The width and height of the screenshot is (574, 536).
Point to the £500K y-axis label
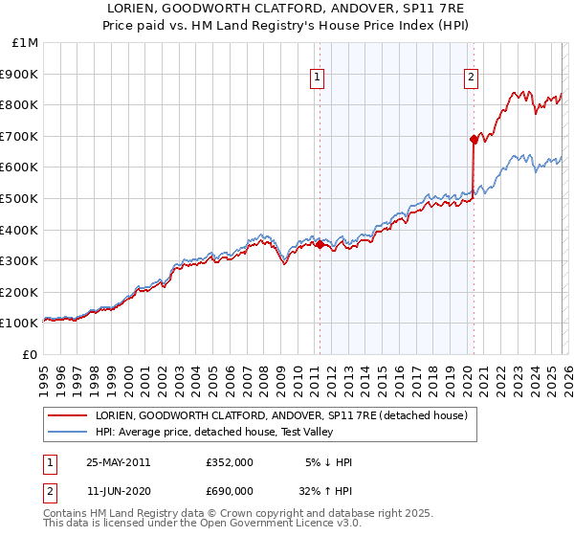click(20, 198)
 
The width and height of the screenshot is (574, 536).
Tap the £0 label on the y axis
click(31, 354)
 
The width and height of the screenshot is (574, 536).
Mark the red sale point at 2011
click(320, 244)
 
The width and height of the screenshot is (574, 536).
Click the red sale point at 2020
click(474, 139)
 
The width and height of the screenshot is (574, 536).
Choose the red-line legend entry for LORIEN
click(280, 415)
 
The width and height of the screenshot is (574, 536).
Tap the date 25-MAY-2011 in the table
click(118, 462)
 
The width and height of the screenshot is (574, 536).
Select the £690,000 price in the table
click(230, 491)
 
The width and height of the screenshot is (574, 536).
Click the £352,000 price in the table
click(230, 462)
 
